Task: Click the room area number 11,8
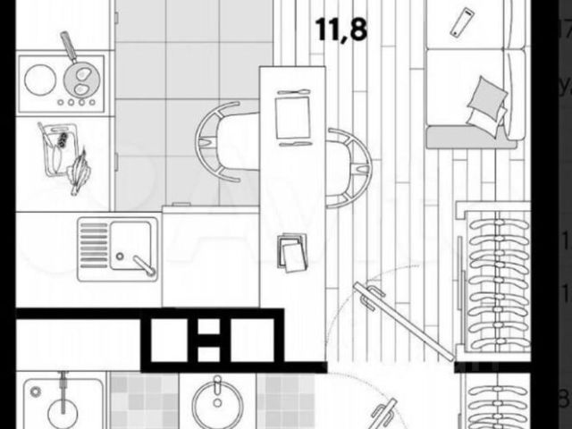[x=341, y=27]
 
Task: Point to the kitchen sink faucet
[x=140, y=264]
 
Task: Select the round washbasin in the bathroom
[x=216, y=405]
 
